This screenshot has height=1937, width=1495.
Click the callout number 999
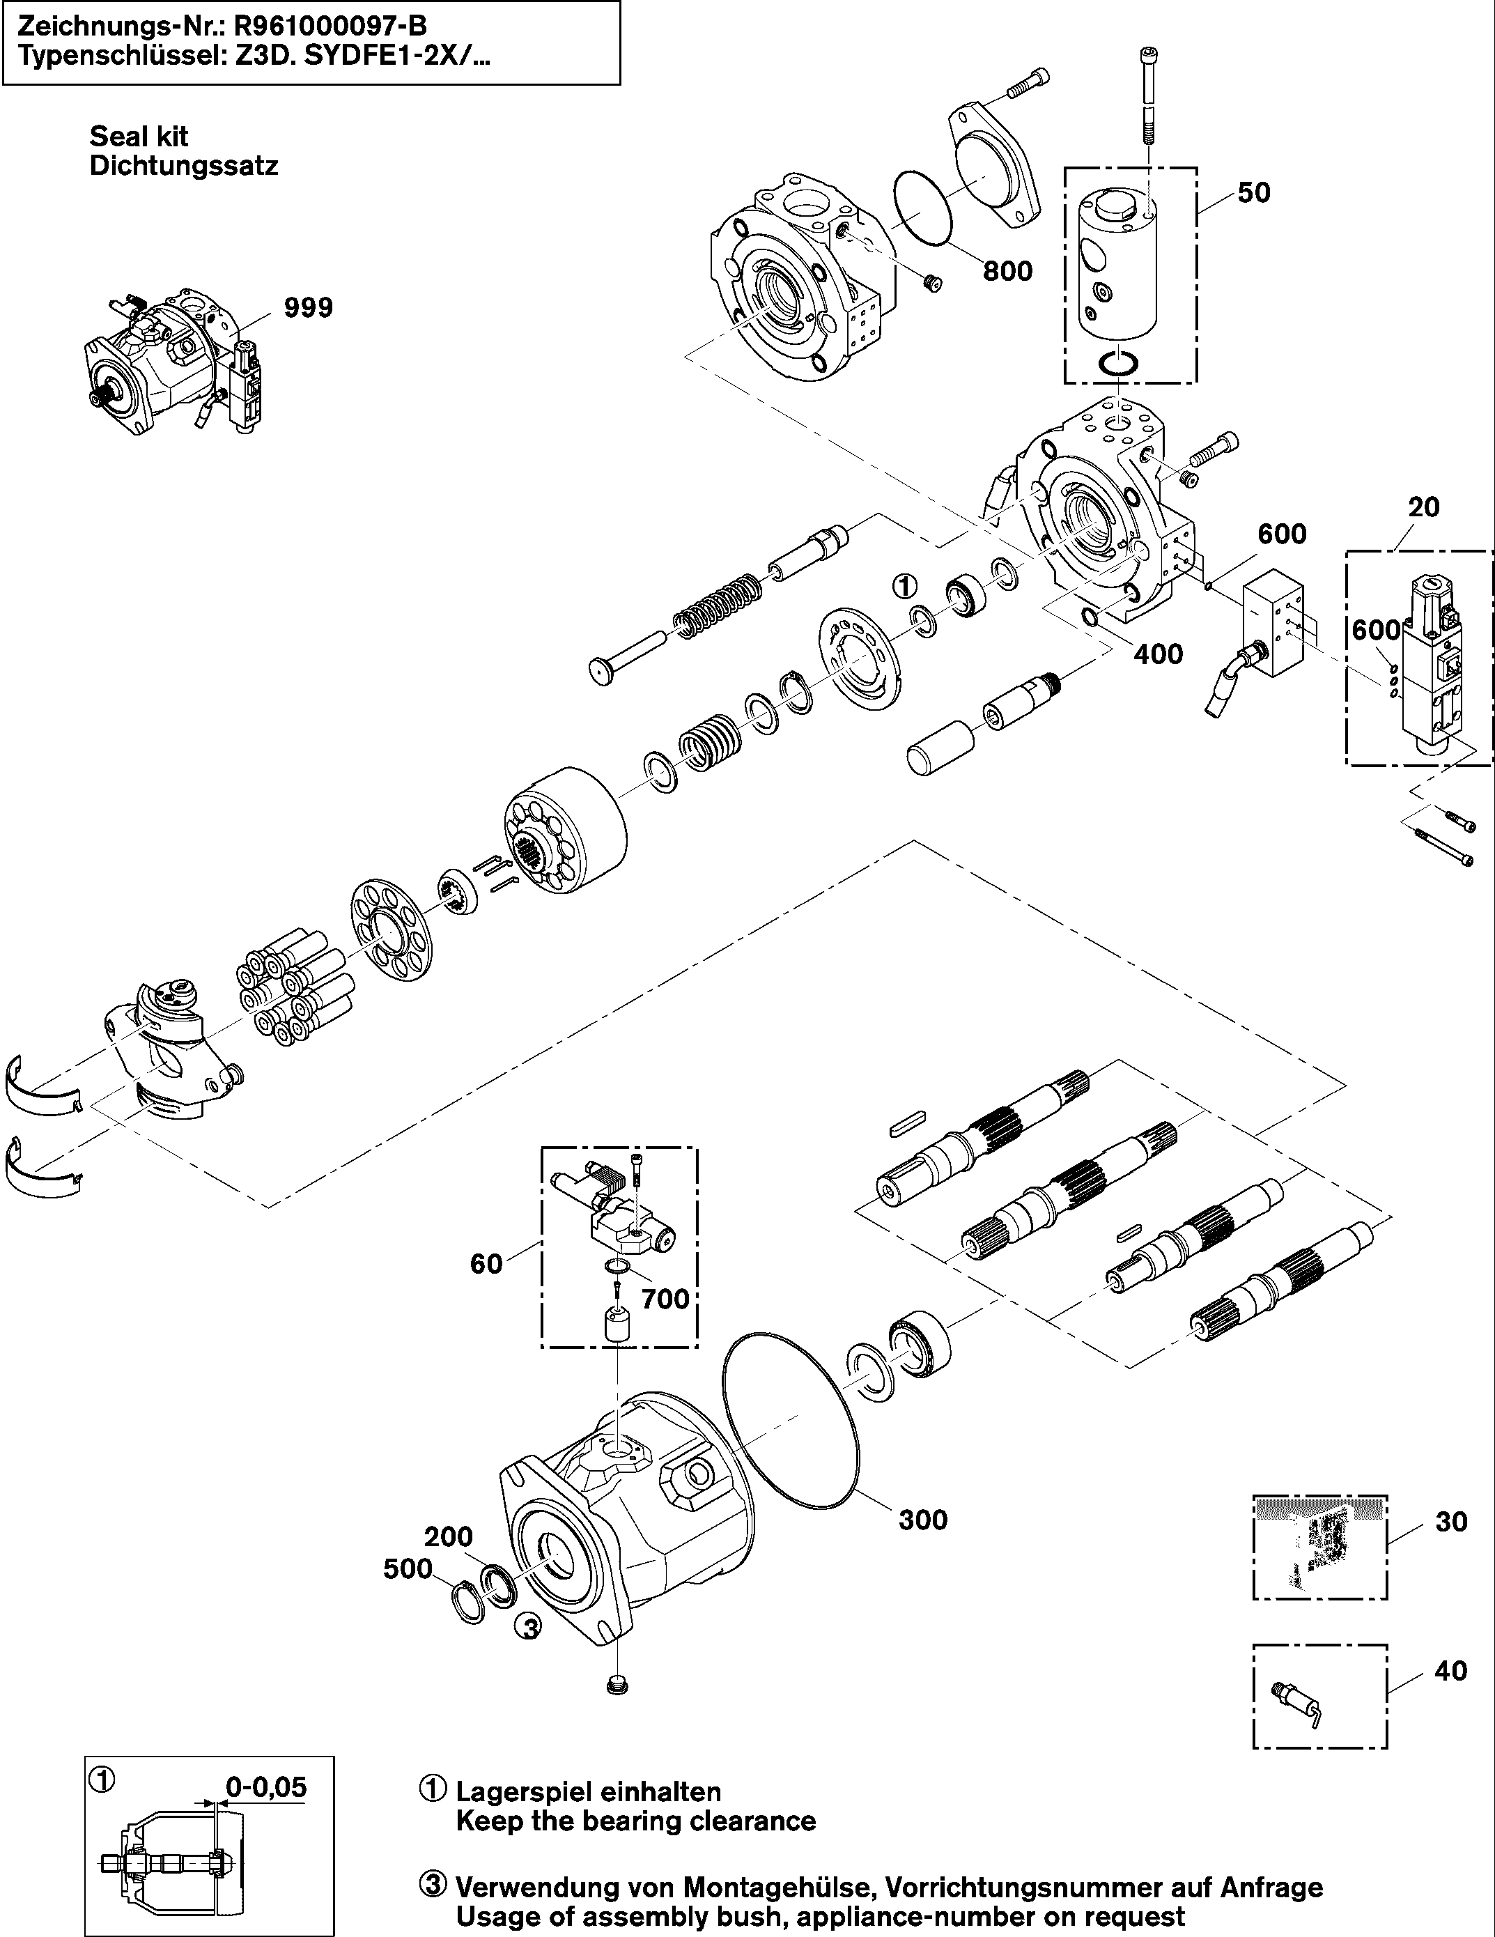tap(308, 308)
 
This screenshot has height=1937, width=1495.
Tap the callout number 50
tap(1254, 192)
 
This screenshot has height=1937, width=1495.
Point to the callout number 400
tap(1158, 654)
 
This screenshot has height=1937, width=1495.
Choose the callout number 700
tap(665, 1299)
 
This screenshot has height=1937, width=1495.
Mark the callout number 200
tap(448, 1536)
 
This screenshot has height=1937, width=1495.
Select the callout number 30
tap(1452, 1521)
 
